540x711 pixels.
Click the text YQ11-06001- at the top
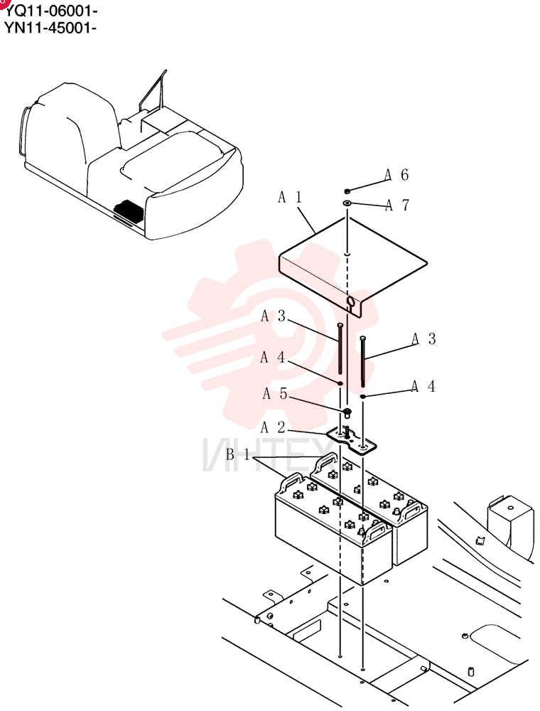coord(50,10)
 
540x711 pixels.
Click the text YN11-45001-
coord(50,27)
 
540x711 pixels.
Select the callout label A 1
coord(289,197)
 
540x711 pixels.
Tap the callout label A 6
coord(397,175)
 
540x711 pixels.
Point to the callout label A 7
coord(397,205)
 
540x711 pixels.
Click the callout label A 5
coord(275,393)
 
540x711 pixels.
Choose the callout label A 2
coord(273,427)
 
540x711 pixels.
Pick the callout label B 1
coord(238,454)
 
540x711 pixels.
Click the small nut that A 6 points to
coord(347,191)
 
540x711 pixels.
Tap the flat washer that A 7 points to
coord(347,203)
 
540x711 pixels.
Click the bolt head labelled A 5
coord(347,412)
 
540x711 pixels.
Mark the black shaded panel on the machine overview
coord(129,210)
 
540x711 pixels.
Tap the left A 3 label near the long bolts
coord(273,316)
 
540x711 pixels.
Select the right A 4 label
coord(423,386)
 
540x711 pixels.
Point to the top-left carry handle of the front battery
coord(293,481)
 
